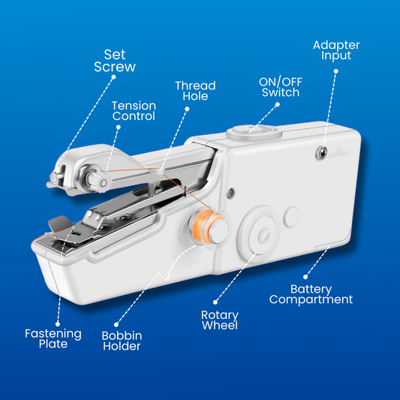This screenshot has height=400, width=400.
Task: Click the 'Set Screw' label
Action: tap(115, 60)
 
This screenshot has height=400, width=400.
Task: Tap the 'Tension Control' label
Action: tap(134, 110)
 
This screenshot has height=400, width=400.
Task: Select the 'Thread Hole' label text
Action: tap(195, 92)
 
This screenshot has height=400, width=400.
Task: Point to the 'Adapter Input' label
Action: tap(335, 51)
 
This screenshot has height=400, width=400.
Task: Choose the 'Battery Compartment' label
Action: tap(321, 294)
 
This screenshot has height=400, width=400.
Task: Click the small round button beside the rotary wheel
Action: tap(293, 215)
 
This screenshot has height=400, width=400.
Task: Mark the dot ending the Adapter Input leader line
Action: tap(335, 72)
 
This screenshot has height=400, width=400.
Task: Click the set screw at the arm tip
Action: tap(53, 178)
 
